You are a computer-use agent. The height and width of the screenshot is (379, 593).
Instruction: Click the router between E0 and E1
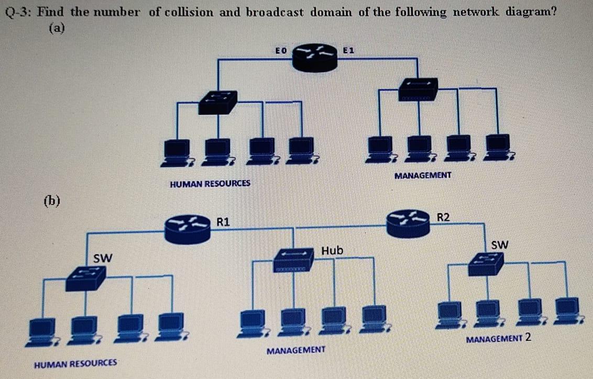(314, 58)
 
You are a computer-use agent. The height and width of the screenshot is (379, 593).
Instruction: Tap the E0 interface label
(281, 51)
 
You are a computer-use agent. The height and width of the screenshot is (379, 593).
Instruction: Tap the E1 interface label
(349, 51)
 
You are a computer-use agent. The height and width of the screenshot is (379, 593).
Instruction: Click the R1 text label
(224, 221)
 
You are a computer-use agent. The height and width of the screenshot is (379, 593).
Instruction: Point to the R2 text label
(443, 217)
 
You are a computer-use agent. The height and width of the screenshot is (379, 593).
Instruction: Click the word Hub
(332, 251)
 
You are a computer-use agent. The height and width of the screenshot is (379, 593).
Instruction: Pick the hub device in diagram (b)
(294, 259)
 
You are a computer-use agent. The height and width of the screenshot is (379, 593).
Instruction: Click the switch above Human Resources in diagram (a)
(217, 102)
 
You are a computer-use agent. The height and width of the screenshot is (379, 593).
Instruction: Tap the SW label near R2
(500, 244)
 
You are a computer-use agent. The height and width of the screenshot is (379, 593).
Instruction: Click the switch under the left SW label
(85, 277)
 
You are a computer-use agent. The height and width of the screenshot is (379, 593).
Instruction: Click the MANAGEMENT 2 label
(499, 338)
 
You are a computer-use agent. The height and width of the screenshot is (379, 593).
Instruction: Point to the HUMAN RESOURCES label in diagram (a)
(210, 184)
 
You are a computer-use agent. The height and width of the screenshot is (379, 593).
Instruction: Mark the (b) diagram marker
(52, 200)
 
